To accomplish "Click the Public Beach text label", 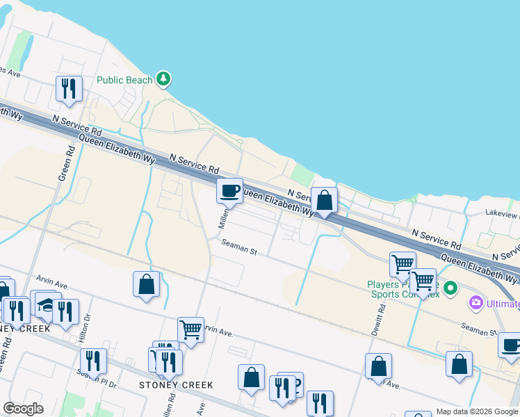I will coord(124,80).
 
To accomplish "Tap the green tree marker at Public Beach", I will coord(163,79).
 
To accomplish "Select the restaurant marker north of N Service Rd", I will coord(70,88).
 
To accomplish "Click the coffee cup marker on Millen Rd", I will coord(229,190).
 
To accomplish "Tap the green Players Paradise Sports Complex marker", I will coord(450,287).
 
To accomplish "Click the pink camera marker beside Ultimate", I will coord(476,303).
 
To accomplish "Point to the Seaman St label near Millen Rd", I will coord(239,247).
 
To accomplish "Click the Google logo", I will coord(23,409).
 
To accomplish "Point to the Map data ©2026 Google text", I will coord(477,411).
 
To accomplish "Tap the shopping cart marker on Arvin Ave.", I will coord(190,329).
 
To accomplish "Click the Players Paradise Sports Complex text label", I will coord(403,289).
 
